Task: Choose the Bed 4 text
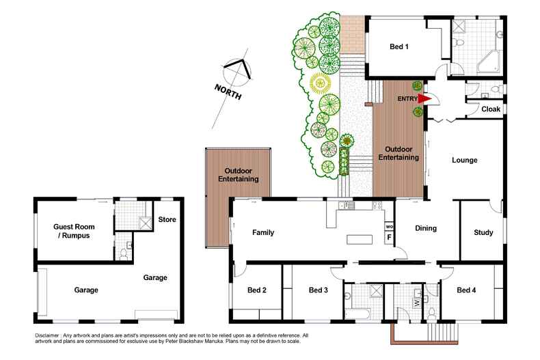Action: point(466,290)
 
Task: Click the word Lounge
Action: point(464,161)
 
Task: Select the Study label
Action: point(483,232)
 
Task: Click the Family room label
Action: point(262,232)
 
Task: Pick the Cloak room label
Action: point(491,109)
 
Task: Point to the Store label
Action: point(167,220)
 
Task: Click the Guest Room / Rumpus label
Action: point(72,231)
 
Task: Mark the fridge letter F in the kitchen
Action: point(389,238)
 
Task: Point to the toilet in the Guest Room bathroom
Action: point(122,254)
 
